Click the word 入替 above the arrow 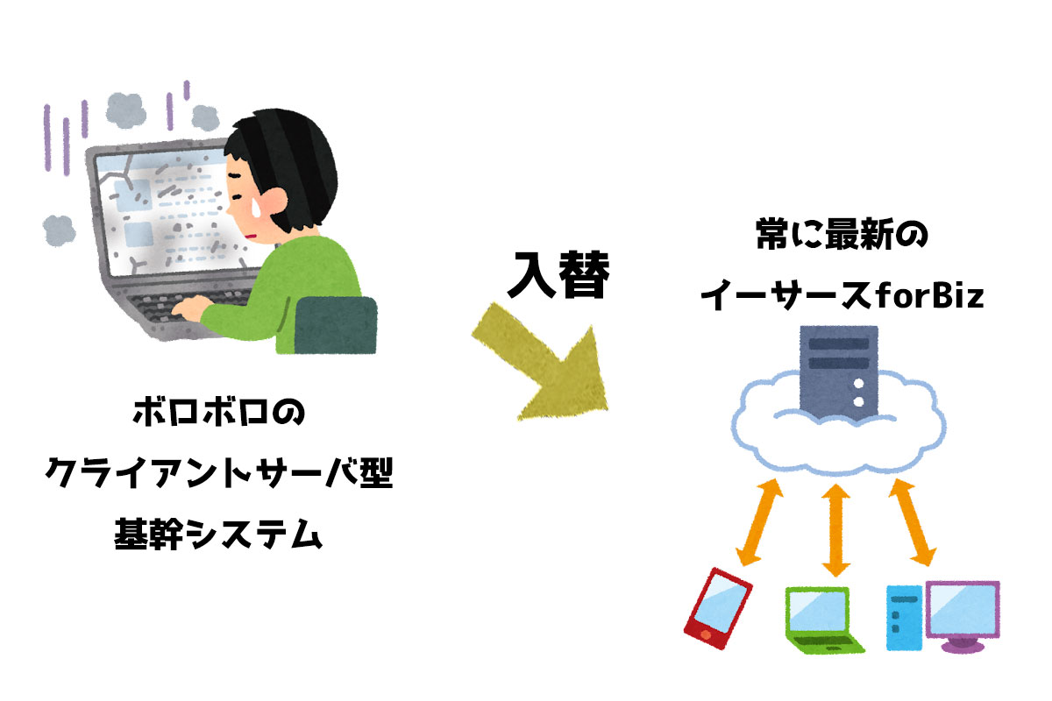tap(558, 275)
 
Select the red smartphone tap(718, 608)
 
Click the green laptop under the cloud tap(823, 620)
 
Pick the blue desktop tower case tap(904, 618)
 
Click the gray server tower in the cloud tap(839, 373)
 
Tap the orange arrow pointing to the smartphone tap(759, 522)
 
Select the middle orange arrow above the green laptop tap(836, 530)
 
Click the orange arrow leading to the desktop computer tap(913, 522)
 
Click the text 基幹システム tap(218, 534)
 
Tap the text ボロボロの tap(219, 412)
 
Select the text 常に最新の tap(842, 233)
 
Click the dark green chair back tap(336, 325)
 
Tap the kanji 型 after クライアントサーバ tap(376, 472)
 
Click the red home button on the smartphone tap(706, 634)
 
